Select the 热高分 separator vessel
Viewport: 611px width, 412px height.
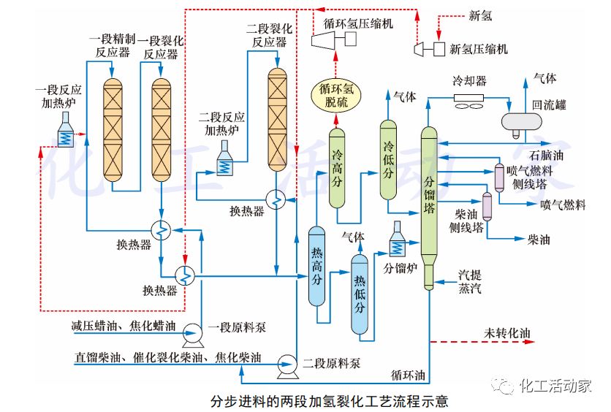coord(316,266)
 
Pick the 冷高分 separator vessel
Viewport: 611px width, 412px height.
coord(337,167)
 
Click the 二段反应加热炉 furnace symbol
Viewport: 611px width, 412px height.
coord(225,157)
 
